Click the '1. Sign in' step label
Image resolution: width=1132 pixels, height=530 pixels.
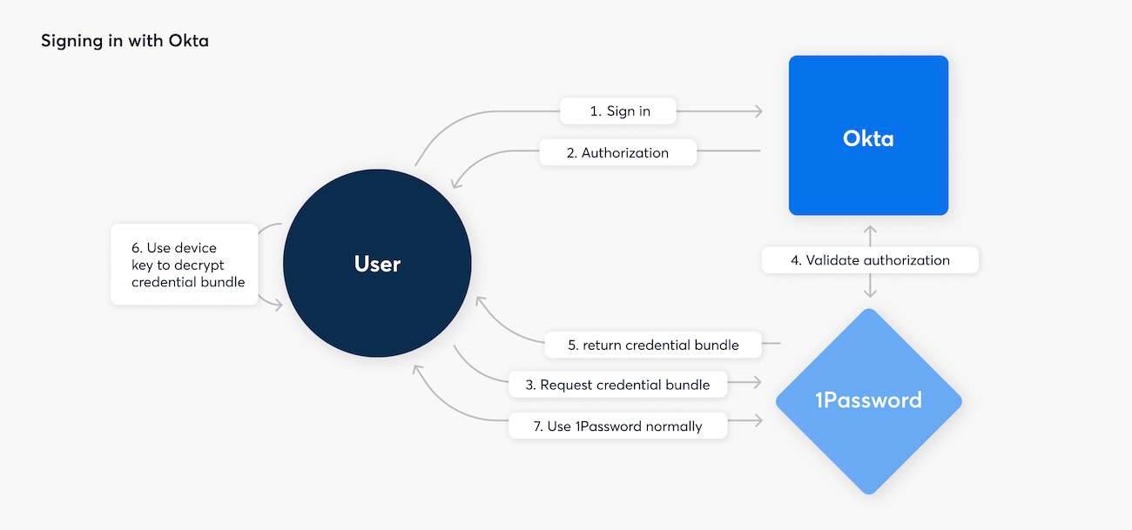pos(619,111)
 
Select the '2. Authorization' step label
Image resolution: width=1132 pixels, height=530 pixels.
pos(617,152)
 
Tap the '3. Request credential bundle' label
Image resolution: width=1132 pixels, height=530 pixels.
pos(617,385)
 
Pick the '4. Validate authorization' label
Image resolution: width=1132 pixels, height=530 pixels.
pos(869,260)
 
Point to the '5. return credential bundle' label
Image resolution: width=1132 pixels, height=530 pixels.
pos(653,345)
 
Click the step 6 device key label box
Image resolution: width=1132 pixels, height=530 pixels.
pos(185,265)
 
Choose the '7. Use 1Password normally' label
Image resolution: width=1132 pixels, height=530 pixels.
pos(617,426)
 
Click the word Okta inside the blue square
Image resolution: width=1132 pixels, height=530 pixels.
pos(868,138)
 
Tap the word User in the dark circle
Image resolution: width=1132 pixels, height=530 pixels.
pos(377,264)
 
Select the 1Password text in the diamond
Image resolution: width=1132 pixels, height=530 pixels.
pos(868,400)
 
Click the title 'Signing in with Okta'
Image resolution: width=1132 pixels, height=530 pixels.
pos(125,41)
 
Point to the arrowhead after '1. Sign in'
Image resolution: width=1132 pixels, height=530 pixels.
pos(759,111)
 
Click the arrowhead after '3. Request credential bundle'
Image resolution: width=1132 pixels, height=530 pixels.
pos(759,382)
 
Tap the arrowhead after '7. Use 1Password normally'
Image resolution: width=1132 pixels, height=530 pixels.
pos(759,421)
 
